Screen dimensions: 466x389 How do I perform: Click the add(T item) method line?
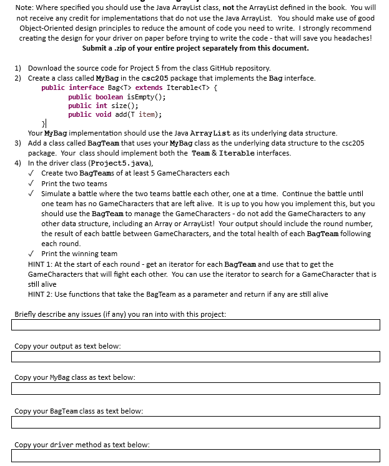click(x=115, y=114)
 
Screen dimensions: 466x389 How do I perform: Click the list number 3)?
click(x=18, y=143)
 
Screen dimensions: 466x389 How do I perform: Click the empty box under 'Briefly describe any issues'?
click(x=195, y=325)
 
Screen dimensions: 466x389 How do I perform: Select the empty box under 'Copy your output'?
click(x=195, y=356)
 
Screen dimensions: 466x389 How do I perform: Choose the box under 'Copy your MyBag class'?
click(x=195, y=389)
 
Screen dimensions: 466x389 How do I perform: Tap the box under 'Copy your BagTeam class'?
click(x=195, y=422)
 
